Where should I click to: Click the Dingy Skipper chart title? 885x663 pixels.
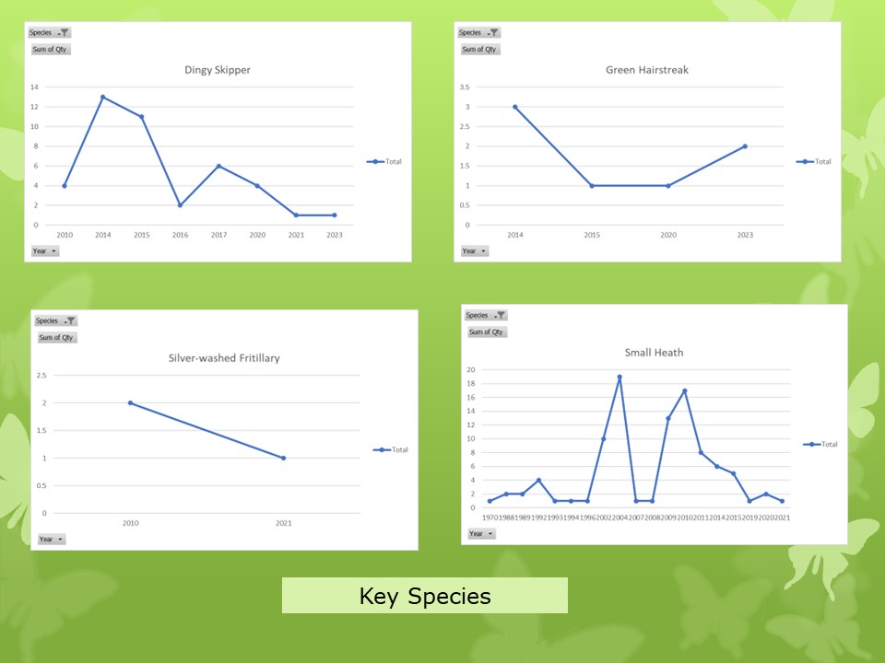coord(218,70)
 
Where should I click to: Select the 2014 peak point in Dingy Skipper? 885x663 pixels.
coord(103,97)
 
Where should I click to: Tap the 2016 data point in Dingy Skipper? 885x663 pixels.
coord(180,204)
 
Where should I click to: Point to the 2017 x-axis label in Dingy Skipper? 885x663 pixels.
coord(218,236)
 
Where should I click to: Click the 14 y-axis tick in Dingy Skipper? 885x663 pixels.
coord(34,87)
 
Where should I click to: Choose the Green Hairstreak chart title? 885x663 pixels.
coord(647,70)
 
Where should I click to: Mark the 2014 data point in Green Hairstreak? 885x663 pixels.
coord(515,107)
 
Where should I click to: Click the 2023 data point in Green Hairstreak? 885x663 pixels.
coord(745,146)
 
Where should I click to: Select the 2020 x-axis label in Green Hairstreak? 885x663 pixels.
coord(668,236)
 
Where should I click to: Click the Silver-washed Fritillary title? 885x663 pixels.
coord(224,358)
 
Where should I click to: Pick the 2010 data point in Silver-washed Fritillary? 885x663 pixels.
coord(130,402)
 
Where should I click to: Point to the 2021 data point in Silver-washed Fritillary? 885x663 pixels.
coord(283,458)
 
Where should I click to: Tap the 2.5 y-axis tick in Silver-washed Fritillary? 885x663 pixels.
coord(41,375)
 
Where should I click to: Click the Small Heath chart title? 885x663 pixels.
coord(655,352)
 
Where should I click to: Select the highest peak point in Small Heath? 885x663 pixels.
coord(619,377)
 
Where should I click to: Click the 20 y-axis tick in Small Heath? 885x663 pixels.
coord(471,370)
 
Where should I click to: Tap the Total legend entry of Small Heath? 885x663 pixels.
coord(820,444)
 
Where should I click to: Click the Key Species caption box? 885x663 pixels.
coord(424,596)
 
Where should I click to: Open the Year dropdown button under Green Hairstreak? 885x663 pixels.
coord(475,250)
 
